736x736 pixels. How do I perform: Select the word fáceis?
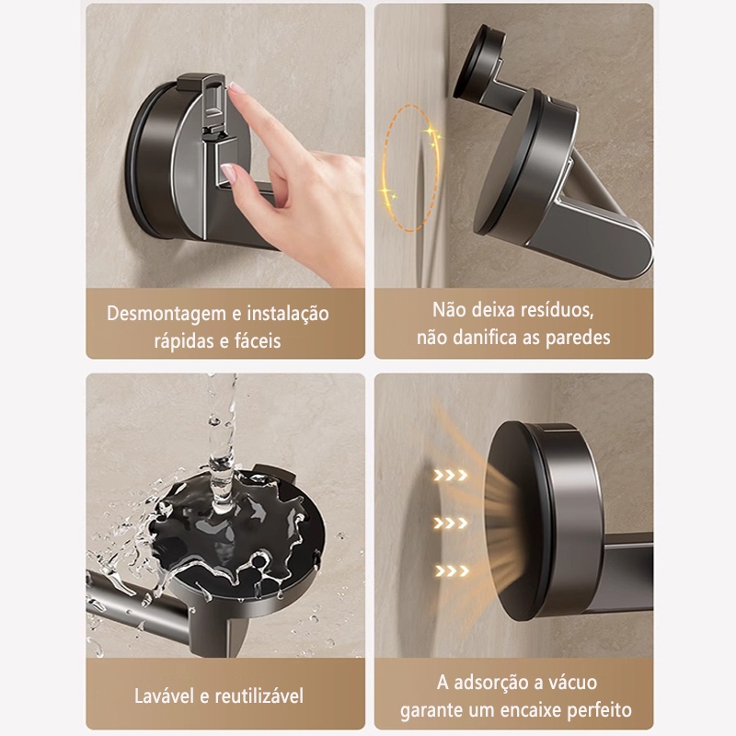pos(258,340)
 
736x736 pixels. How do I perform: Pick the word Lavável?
pos(165,696)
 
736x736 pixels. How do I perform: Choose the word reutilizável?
pos(259,696)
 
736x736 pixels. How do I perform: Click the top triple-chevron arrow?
pos(451,476)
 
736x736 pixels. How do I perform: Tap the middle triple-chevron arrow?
pos(451,523)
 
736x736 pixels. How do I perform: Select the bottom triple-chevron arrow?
pos(452,570)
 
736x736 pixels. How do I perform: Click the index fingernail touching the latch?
pos(237,88)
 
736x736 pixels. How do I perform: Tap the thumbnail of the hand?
pos(228,172)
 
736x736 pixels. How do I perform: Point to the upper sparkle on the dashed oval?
pos(432,134)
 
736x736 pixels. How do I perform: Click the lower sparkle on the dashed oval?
pos(388,192)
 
